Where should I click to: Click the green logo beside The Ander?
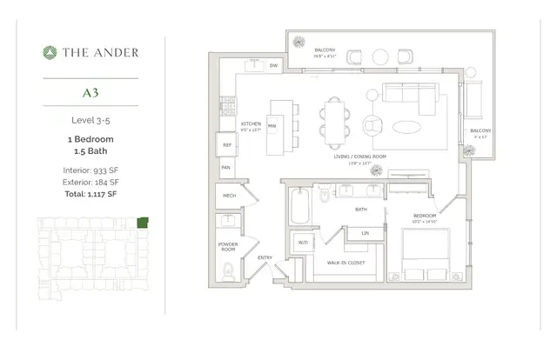(50, 52)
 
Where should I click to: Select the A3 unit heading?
(91, 90)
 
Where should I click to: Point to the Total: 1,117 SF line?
(91, 194)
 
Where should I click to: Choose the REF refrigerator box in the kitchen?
(226, 145)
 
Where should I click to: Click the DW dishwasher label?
(273, 66)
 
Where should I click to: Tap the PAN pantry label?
(225, 167)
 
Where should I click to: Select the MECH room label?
(229, 197)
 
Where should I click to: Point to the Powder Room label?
(228, 247)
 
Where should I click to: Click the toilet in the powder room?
(227, 269)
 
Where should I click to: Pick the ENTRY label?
(265, 257)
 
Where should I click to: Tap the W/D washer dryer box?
(304, 242)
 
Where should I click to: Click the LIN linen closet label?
(365, 233)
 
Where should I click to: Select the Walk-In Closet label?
(346, 262)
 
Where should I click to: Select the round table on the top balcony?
(381, 57)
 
